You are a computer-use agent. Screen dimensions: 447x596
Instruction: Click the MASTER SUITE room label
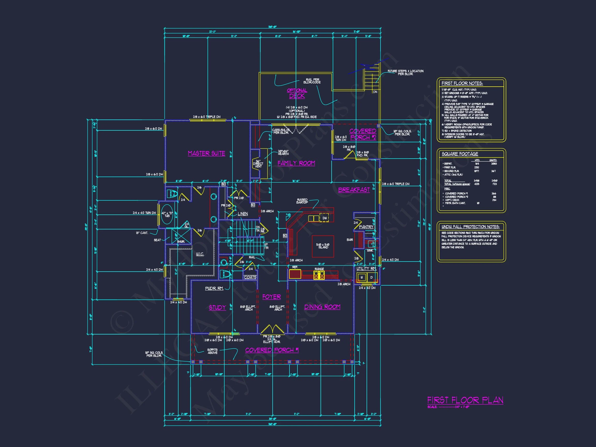pos(206,153)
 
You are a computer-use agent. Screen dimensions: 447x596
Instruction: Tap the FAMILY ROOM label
pos(296,163)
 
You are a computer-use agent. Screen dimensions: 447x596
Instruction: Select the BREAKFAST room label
pos(354,190)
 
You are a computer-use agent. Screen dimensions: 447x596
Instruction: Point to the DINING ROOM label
pos(322,307)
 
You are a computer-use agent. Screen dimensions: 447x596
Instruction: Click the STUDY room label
pos(217,307)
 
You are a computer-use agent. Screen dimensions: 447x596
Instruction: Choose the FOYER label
pos(271,297)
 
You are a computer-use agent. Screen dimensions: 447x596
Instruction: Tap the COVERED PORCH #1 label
pos(272,350)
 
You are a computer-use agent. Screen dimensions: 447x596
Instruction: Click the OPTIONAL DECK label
pos(297,93)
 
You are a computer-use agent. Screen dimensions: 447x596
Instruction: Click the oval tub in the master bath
pos(167,214)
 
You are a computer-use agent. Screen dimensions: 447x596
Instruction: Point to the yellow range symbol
pos(319,275)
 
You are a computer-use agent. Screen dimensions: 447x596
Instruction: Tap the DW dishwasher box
pos(324,218)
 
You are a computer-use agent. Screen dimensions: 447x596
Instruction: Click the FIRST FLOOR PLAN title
pos(465,400)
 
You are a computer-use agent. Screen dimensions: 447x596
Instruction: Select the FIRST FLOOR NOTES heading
pos(462,83)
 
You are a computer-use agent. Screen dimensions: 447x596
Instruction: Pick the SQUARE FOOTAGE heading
pos(460,154)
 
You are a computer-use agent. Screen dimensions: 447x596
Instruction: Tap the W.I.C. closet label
pos(200,254)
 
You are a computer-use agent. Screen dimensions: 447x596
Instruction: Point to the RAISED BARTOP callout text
pos(302,201)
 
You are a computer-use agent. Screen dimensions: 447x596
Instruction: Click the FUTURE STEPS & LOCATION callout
pos(405,72)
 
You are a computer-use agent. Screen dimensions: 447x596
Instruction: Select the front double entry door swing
pos(272,329)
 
